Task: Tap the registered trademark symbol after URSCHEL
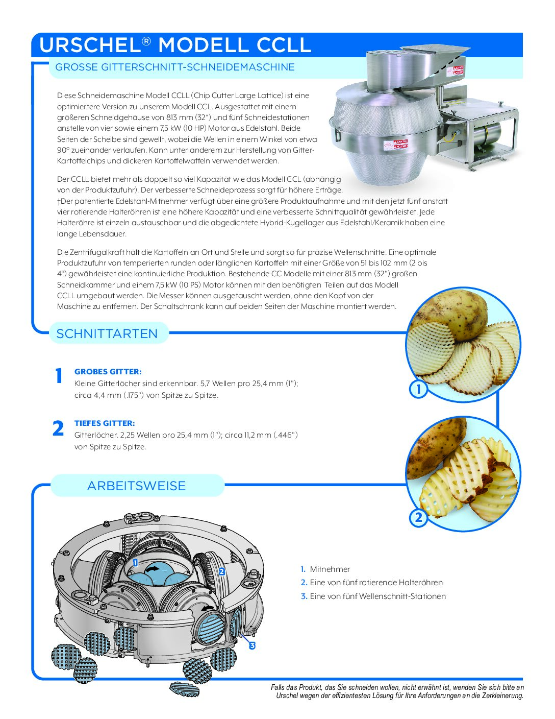point(146,41)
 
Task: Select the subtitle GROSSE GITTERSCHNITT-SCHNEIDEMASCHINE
point(174,67)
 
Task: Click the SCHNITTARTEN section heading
point(107,333)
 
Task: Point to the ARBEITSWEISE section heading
point(136,486)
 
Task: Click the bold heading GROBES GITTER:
point(108,372)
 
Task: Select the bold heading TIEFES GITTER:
point(105,423)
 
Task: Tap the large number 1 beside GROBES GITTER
point(59,376)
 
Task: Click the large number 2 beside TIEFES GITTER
point(59,428)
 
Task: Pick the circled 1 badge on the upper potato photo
point(418,390)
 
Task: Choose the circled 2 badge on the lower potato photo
point(418,518)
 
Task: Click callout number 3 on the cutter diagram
point(252,645)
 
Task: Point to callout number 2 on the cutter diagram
point(222,572)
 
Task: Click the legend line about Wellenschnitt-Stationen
point(377,596)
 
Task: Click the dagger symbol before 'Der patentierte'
point(59,201)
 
